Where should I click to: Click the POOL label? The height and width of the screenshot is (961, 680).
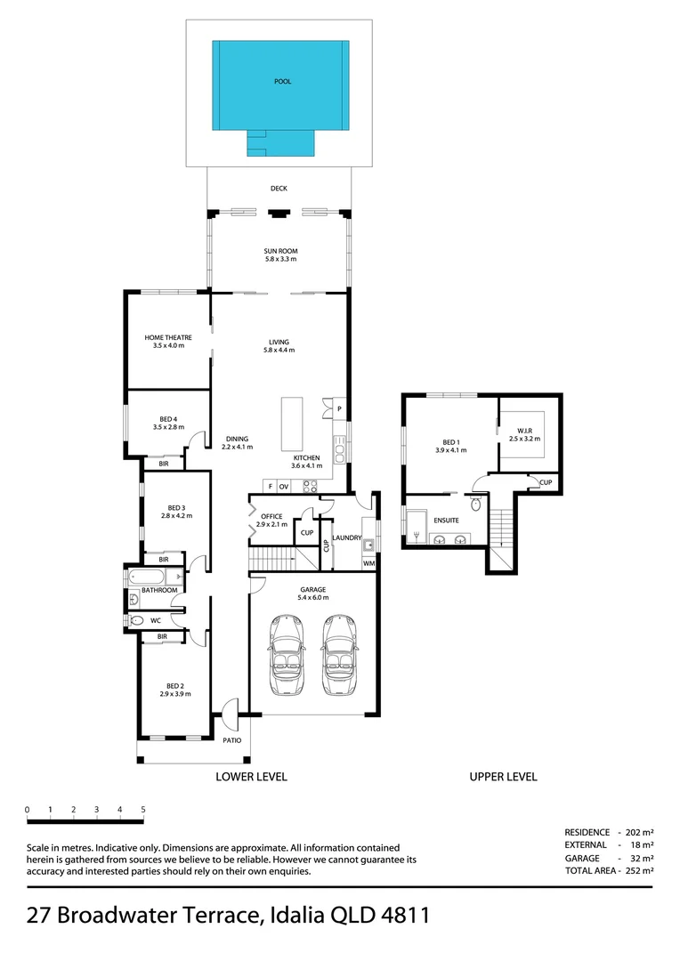283,82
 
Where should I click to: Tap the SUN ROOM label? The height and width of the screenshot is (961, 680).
281,251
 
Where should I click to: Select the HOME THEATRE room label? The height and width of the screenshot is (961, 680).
168,338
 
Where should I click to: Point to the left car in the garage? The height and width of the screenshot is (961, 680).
286,655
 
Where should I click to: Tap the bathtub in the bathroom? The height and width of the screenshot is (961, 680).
146,577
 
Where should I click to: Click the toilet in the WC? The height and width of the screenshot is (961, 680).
137,621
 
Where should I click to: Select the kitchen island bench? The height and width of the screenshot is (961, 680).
292,424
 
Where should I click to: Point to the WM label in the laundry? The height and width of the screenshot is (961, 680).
369,563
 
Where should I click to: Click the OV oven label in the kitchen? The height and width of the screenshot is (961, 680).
283,487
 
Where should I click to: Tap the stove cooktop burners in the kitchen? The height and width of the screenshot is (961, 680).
311,486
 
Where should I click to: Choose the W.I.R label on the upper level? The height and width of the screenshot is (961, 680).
524,431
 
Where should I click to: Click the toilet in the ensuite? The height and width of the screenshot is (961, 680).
476,504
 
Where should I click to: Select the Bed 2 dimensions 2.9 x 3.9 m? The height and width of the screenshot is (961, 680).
175,694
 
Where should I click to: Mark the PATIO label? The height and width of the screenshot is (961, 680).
231,740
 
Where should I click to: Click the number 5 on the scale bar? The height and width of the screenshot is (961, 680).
143,810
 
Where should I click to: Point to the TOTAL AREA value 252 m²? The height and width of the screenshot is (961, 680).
640,870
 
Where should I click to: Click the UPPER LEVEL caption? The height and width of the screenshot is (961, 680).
504,777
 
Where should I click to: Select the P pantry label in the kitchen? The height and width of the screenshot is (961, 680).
339,408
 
